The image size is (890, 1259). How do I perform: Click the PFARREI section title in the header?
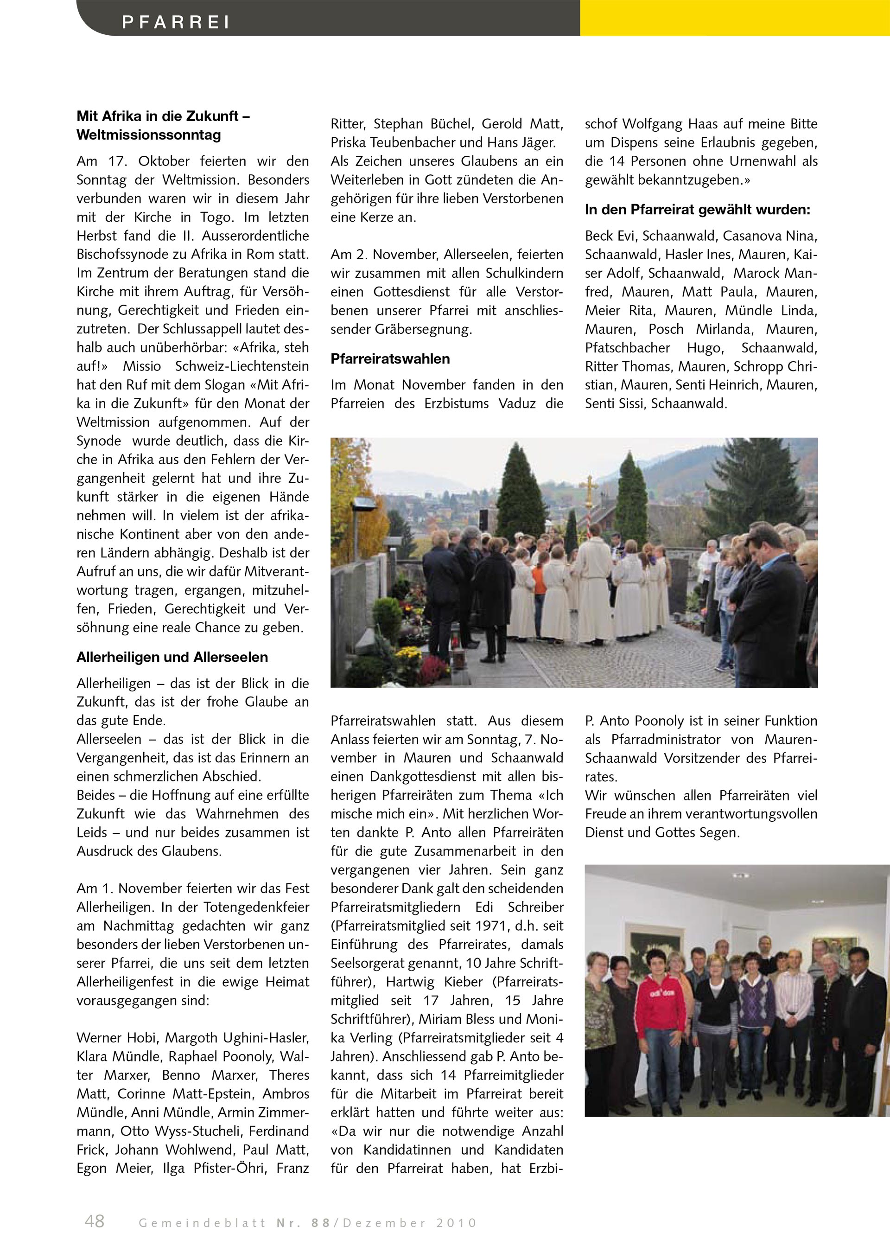pos(175,22)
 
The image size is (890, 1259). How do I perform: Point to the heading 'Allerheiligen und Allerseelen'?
pos(172,657)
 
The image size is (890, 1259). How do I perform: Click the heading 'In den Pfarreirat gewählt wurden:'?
pos(698,210)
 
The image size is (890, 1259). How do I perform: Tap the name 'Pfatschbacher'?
pos(628,348)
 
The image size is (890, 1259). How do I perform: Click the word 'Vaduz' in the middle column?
pos(517,403)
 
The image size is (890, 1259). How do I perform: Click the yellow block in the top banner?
pos(734,18)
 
